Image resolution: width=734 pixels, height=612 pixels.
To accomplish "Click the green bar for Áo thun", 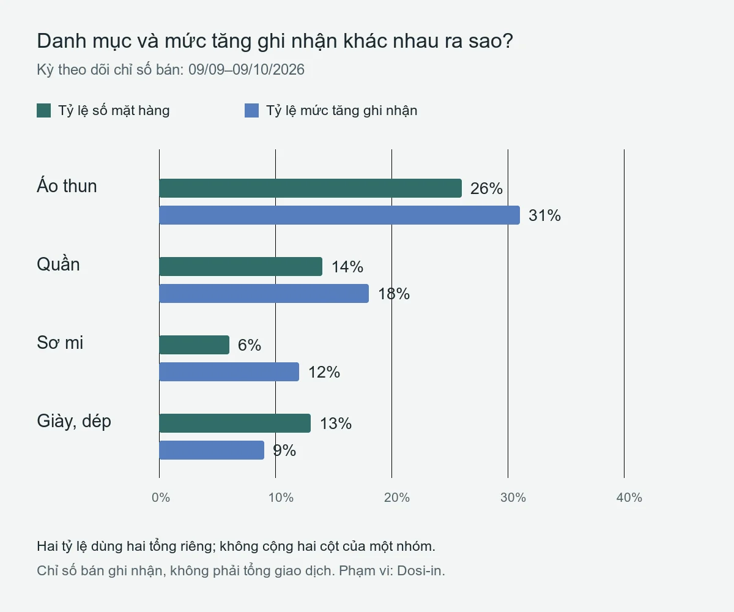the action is click(x=310, y=188).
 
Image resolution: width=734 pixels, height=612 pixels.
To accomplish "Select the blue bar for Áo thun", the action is click(x=339, y=215).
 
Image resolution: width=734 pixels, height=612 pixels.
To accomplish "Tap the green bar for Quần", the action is click(x=241, y=267).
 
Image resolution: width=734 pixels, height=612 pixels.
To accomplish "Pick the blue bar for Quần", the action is click(x=264, y=293).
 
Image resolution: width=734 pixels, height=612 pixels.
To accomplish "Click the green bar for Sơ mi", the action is click(x=195, y=345).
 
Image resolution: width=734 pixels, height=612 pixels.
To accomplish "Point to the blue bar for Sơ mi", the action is click(x=229, y=371).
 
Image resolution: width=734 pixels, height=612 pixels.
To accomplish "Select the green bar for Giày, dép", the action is click(x=235, y=423).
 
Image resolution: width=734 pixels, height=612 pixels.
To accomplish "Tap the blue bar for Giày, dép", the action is click(x=212, y=450).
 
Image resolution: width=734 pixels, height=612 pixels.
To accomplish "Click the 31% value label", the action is click(x=544, y=215).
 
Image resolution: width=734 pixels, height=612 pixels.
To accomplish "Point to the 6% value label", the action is click(x=250, y=345).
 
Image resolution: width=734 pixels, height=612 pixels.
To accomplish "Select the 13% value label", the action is click(x=336, y=424).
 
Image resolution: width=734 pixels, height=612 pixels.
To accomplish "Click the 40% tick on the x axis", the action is click(x=629, y=498).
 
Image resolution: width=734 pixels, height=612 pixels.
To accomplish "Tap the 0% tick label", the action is click(x=161, y=498).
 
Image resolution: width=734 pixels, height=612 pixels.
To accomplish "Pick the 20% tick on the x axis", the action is click(x=397, y=498).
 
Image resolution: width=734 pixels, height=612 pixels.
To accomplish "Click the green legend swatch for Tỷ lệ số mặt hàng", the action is click(x=44, y=110).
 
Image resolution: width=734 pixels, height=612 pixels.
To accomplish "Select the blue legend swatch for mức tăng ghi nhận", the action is click(x=251, y=110).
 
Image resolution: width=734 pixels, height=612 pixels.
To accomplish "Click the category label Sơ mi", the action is click(x=60, y=343).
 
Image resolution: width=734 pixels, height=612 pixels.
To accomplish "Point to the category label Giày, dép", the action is click(x=74, y=421).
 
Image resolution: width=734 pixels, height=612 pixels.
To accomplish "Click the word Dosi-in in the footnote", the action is click(x=421, y=570).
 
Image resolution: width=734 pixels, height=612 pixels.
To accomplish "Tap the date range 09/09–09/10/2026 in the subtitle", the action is click(x=247, y=70).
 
